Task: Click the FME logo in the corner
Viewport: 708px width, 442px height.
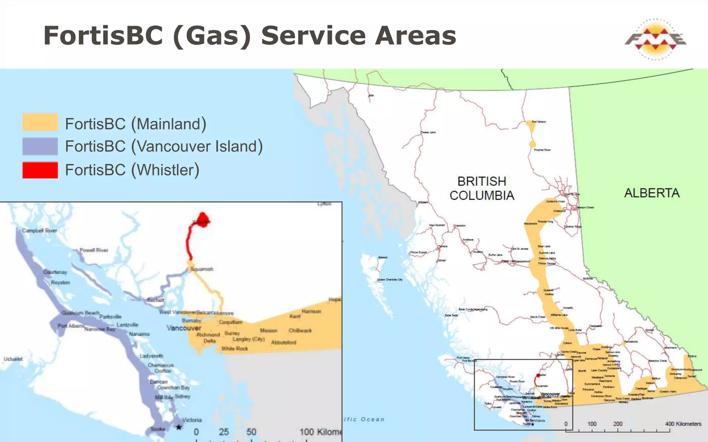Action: coord(655,39)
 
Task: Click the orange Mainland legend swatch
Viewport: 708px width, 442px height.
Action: coord(40,122)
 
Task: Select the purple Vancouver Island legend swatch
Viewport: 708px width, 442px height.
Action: coord(40,146)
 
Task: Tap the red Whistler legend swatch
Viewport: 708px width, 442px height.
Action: coord(40,170)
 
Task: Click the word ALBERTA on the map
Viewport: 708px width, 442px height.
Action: coord(652,193)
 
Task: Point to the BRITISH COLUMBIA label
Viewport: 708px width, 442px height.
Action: coord(482,188)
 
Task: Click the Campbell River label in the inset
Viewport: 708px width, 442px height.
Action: coord(40,230)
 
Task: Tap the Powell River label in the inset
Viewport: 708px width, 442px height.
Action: coord(94,250)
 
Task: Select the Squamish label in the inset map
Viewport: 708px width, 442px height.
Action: coord(202,269)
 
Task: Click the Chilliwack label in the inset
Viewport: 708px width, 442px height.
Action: coord(300,330)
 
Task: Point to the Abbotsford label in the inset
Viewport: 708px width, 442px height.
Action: coord(283,343)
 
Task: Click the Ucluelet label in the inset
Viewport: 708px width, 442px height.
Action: coord(13,359)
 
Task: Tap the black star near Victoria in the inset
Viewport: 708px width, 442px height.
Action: coord(179,427)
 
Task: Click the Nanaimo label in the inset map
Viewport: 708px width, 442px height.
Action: coord(139,334)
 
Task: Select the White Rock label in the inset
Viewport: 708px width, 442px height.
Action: coord(235,349)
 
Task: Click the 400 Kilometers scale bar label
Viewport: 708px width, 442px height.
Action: coord(683,424)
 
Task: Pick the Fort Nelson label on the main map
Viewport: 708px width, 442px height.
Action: coord(539,122)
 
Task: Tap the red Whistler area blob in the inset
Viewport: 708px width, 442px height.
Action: coord(202,219)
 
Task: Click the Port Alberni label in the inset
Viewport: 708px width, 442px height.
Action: coord(71,326)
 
